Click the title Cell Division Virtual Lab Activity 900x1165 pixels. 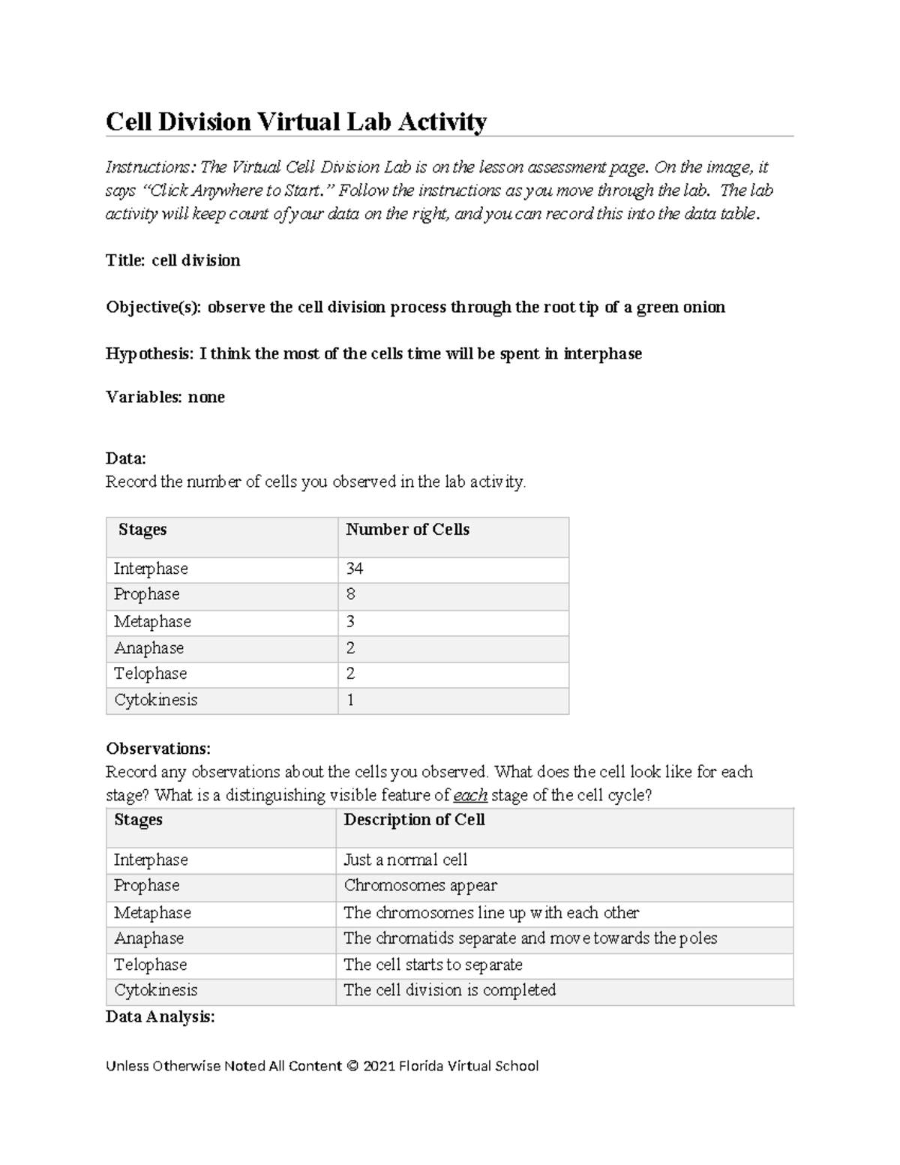(296, 122)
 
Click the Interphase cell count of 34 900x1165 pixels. (354, 569)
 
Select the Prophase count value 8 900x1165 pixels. (350, 594)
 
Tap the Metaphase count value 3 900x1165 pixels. (350, 621)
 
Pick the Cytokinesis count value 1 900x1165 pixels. (350, 700)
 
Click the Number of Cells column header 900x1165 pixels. (407, 530)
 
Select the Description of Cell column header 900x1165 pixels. (414, 820)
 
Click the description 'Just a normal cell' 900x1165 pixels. (405, 860)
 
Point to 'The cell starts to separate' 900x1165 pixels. (433, 964)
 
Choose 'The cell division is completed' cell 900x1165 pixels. (449, 989)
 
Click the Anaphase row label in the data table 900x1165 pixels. (148, 647)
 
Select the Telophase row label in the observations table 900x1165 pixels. (150, 964)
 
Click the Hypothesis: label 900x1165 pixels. (149, 353)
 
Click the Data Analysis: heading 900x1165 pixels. (160, 1016)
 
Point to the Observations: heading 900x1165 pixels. (158, 748)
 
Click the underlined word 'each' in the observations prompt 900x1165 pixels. (470, 795)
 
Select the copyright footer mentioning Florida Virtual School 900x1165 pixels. (322, 1066)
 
